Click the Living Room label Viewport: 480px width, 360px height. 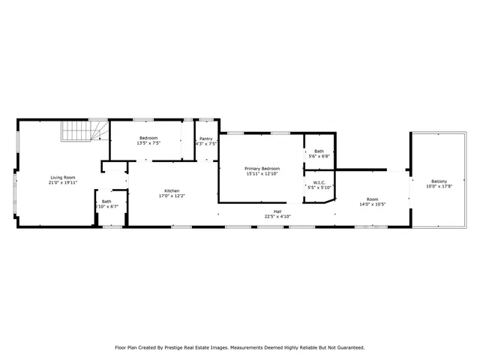(x=63, y=177)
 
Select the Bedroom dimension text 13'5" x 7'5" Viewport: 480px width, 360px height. (x=148, y=143)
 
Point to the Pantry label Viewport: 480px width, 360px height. (x=206, y=139)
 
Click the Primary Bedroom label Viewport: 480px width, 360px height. (x=262, y=169)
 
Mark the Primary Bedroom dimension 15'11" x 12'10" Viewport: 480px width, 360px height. (x=262, y=174)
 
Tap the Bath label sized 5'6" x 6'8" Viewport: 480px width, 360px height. (x=319, y=151)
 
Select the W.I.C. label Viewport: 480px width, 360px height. (x=319, y=182)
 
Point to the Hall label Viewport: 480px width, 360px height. (x=277, y=211)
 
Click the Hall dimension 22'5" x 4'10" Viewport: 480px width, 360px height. (x=277, y=216)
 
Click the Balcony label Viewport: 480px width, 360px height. (x=439, y=181)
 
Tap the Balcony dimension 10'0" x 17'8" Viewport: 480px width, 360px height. (x=439, y=187)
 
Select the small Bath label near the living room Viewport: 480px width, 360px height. (x=106, y=201)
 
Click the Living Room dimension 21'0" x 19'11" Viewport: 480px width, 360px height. (x=63, y=182)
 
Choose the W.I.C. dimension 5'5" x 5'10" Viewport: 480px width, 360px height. (x=319, y=187)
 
